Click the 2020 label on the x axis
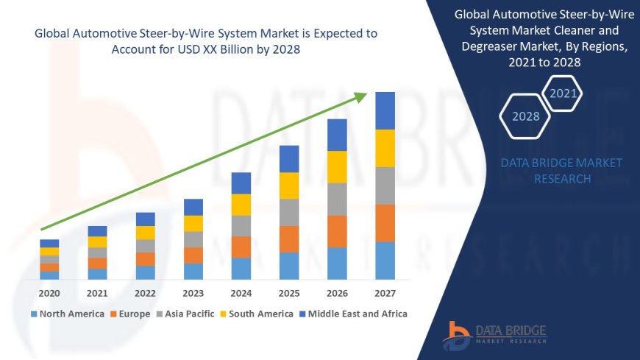pyautogui.click(x=50, y=293)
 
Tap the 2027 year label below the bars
pyautogui.click(x=385, y=293)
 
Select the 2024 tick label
pyautogui.click(x=241, y=293)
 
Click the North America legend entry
pyautogui.click(x=67, y=314)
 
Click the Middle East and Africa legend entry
pyautogui.click(x=353, y=314)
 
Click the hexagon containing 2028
pyautogui.click(x=525, y=116)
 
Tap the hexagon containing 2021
pyautogui.click(x=563, y=93)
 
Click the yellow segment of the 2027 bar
pyautogui.click(x=385, y=148)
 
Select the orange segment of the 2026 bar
pyautogui.click(x=337, y=231)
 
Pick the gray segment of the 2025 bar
pyautogui.click(x=289, y=212)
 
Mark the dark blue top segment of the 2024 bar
pyautogui.click(x=241, y=183)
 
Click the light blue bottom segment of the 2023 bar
pyautogui.click(x=193, y=271)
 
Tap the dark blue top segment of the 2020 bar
pyautogui.click(x=50, y=243)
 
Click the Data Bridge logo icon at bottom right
pyautogui.click(x=457, y=335)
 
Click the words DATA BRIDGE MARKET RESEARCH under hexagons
pyautogui.click(x=561, y=171)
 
